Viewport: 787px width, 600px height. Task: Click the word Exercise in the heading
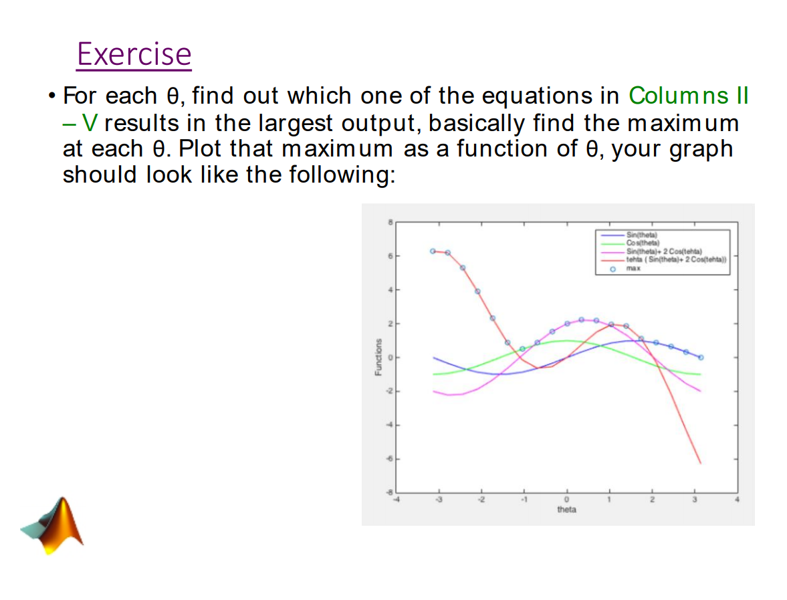(134, 54)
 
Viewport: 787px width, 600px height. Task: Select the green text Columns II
(688, 96)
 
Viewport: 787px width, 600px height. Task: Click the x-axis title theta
(566, 510)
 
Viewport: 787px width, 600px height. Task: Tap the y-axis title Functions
(378, 357)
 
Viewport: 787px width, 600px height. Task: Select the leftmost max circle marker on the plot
(433, 251)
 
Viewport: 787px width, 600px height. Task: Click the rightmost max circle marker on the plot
(700, 357)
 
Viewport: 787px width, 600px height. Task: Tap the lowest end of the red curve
(700, 463)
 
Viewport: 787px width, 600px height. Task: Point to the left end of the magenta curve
(433, 391)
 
